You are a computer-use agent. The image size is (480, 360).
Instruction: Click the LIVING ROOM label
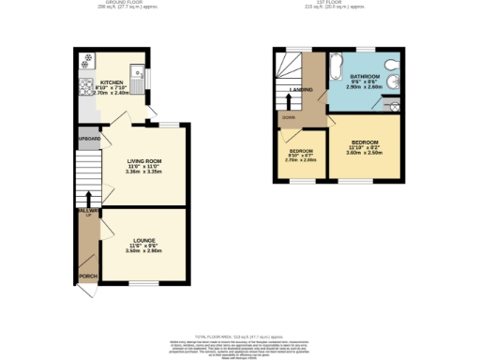tap(145, 160)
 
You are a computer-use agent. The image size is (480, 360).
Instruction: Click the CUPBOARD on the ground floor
tap(88, 141)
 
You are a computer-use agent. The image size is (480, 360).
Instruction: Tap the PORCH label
tap(88, 276)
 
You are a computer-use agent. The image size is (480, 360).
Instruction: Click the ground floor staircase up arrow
tap(88, 199)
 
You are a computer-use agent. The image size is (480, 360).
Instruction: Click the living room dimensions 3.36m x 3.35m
tap(145, 172)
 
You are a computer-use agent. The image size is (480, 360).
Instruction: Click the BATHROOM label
tap(365, 75)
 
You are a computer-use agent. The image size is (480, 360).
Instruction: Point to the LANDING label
tap(301, 90)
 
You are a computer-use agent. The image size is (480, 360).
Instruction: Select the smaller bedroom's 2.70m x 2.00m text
tap(301, 159)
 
